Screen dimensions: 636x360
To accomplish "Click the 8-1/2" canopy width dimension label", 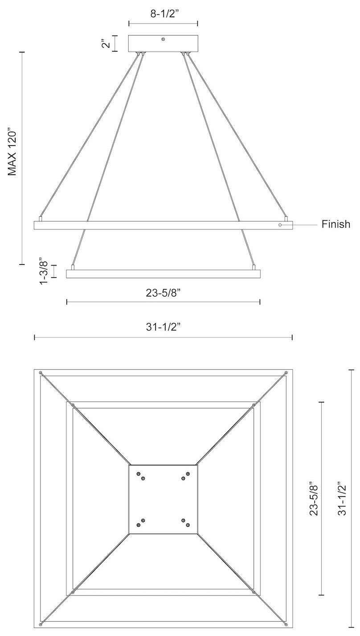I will [x=163, y=14].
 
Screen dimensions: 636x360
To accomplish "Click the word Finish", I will [x=336, y=224].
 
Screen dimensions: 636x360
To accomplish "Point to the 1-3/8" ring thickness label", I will [x=43, y=271].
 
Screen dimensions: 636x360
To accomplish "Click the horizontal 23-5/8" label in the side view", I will [x=163, y=293].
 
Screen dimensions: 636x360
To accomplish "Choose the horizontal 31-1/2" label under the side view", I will [x=163, y=327].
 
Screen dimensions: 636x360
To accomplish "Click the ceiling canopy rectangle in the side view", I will [x=163, y=44].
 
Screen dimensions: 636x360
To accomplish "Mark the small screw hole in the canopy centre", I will [x=163, y=40].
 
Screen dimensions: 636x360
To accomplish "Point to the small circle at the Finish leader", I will [x=280, y=225].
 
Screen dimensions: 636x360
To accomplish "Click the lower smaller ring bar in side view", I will [x=163, y=273].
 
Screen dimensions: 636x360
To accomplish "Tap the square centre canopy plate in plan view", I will [x=163, y=499].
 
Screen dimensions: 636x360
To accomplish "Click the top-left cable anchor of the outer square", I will [x=41, y=372].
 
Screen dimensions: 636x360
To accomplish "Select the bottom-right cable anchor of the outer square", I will [x=286, y=620].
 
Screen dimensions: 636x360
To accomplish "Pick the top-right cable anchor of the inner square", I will [x=254, y=405].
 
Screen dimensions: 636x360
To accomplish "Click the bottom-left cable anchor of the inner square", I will [x=73, y=593].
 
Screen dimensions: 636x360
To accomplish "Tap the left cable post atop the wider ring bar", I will [x=41, y=219].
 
